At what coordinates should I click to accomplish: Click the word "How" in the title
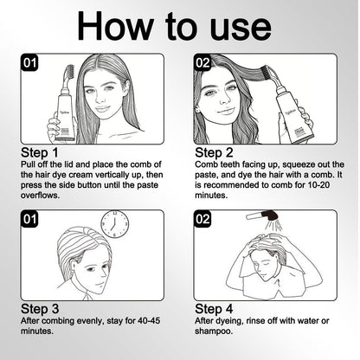click(115, 26)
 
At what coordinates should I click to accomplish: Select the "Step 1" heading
click(40, 152)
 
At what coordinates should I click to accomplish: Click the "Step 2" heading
click(214, 152)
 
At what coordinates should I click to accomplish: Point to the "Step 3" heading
click(40, 309)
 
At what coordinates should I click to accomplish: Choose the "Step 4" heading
click(214, 309)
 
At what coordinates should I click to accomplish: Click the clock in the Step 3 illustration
click(114, 224)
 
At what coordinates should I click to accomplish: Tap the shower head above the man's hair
click(262, 216)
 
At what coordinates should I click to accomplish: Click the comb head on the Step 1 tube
click(70, 74)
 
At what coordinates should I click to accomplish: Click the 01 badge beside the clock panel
click(29, 219)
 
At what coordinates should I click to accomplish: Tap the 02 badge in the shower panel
click(202, 219)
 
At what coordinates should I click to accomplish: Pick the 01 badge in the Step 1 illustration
click(29, 62)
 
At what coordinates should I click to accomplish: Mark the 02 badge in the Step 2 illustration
click(202, 62)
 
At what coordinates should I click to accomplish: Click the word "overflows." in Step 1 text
click(40, 196)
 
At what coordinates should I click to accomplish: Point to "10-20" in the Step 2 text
click(318, 185)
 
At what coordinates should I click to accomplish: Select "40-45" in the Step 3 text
click(149, 320)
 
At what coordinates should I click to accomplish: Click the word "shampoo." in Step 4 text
click(214, 331)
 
